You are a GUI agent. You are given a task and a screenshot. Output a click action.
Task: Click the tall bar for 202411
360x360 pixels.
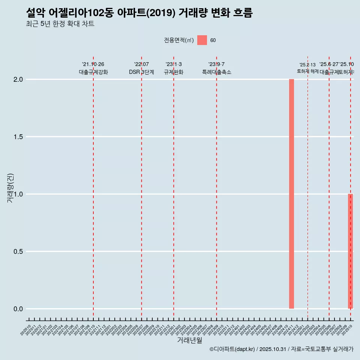point(291,194)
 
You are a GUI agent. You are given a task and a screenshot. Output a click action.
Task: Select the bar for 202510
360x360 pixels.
point(350,251)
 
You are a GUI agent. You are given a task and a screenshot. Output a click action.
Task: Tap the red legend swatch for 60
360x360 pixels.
point(202,40)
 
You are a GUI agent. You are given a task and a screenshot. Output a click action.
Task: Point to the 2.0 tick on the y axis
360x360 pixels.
point(18,79)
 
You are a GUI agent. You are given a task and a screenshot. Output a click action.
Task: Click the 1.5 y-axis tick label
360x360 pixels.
point(18,137)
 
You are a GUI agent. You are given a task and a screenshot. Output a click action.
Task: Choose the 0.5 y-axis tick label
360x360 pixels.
point(18,252)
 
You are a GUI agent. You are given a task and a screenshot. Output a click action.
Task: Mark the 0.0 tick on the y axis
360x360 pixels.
point(18,309)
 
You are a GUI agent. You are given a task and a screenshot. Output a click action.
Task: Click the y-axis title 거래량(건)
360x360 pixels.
point(10,188)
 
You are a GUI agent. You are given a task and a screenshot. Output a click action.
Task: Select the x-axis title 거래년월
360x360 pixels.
point(189,340)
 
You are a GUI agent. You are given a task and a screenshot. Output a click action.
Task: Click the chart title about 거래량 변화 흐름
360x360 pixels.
point(139,13)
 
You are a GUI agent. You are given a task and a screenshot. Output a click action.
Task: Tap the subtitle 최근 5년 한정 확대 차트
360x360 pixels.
point(60,24)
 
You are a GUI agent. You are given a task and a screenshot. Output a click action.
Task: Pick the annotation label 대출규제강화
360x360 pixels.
point(93,72)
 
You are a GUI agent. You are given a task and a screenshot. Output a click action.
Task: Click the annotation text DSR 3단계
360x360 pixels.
point(141,72)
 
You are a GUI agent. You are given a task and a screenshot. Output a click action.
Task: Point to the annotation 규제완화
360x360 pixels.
point(174,72)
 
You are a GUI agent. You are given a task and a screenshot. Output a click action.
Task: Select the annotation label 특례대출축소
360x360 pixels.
point(216,72)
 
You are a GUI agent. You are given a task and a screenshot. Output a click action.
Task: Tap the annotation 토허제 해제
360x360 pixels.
point(307,71)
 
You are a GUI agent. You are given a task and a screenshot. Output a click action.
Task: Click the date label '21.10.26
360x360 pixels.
point(93,64)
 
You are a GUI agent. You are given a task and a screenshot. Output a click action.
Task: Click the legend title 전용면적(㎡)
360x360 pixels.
point(179,40)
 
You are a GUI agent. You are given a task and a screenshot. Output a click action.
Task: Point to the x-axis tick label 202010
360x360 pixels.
point(26,331)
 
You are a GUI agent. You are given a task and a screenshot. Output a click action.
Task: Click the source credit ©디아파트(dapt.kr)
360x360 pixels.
point(232,349)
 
